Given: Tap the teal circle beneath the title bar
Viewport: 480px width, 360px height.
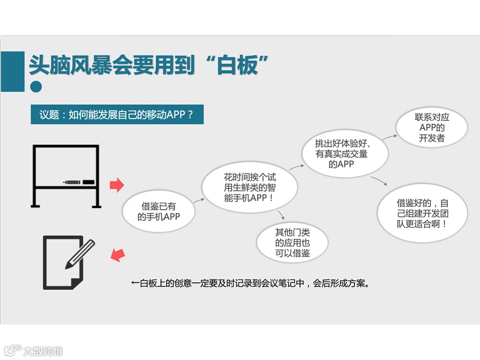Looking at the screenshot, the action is coord(36,86).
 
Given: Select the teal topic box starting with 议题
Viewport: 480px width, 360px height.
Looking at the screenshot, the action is coord(116,114).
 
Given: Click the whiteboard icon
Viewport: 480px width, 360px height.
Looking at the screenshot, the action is coord(65,176).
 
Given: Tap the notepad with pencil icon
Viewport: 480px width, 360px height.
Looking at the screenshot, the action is coord(68,263).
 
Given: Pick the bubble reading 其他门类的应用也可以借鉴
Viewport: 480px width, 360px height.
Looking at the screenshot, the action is coord(292,243).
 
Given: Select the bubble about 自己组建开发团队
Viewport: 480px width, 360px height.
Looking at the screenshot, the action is coord(422,213).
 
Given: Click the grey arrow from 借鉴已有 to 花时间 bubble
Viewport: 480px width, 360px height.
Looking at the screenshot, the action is coord(198,201).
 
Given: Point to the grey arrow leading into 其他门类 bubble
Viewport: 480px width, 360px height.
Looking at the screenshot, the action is coord(281,214).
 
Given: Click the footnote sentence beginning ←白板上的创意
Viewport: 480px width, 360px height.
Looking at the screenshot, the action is coord(250,283).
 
